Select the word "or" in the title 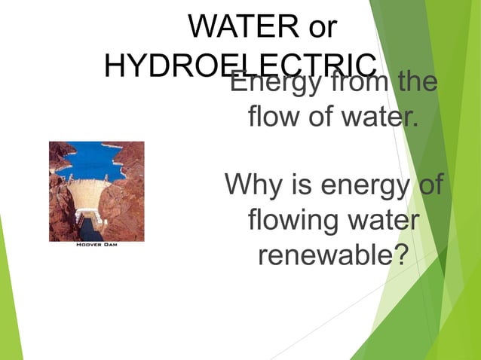point(318,27)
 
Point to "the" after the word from point(417,81)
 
